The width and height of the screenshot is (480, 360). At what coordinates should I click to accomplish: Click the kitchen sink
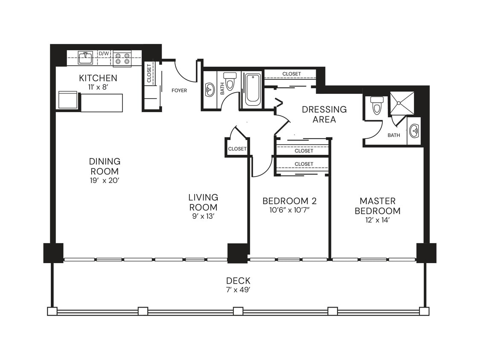coord(86,57)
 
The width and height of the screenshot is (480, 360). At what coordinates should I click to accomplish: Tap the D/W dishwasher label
coord(104,53)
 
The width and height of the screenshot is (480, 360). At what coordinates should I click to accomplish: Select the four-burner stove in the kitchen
coord(122,58)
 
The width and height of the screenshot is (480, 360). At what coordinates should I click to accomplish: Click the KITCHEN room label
coord(98,78)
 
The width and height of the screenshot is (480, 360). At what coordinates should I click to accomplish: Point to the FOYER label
coord(179,90)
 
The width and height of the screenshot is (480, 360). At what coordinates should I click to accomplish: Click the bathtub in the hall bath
coord(253,90)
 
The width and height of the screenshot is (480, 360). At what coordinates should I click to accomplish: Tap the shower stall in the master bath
coord(402,103)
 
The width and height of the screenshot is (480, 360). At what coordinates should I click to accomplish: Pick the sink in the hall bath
coord(209,90)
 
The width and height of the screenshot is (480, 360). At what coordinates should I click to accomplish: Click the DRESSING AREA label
coord(324,114)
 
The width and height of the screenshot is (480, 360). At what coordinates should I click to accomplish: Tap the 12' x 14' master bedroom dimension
coord(378,220)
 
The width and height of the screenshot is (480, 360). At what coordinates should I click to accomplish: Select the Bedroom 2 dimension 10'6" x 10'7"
coord(289,210)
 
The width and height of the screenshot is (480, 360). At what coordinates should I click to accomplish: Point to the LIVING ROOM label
coord(204,202)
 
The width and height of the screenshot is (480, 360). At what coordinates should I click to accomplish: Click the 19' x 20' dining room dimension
coord(105,180)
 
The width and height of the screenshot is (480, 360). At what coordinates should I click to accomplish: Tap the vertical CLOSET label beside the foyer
coord(149,73)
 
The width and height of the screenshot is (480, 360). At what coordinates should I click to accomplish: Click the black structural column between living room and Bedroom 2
coord(237,253)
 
